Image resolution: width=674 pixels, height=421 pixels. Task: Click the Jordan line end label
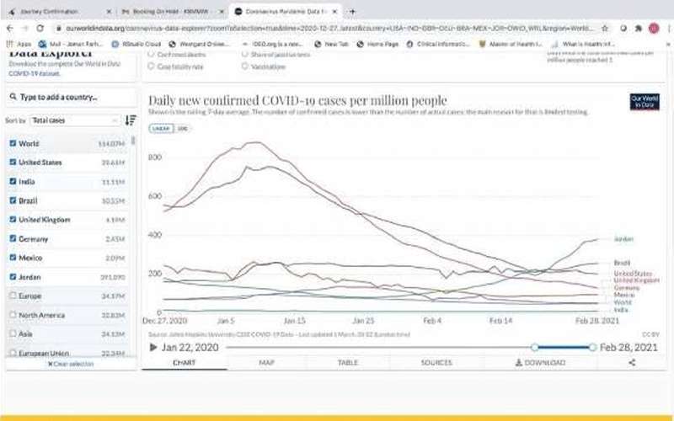click(623, 239)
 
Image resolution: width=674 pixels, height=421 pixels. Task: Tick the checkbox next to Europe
click(12, 296)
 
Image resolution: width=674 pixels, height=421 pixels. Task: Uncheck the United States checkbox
click(12, 163)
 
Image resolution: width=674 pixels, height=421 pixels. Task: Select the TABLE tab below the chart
click(347, 363)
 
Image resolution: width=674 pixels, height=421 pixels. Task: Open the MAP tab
click(267, 363)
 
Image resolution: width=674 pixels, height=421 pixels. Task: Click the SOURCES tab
click(436, 363)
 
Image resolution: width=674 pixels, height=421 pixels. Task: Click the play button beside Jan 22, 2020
click(153, 347)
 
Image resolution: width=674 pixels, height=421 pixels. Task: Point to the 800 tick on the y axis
click(154, 157)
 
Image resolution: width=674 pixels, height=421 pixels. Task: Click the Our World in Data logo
click(645, 102)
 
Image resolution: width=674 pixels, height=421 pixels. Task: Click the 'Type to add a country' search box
click(72, 97)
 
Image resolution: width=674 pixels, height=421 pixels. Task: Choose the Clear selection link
click(72, 364)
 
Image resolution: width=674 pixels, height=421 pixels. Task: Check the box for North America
click(12, 315)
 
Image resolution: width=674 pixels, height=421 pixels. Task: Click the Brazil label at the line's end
click(623, 264)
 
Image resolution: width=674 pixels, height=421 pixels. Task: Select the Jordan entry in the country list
click(30, 277)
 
